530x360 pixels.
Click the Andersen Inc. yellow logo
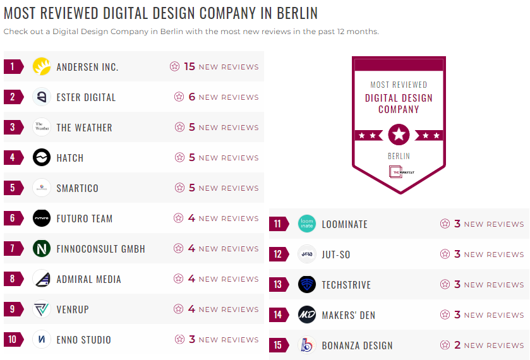(42, 66)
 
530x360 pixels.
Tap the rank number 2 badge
(13, 97)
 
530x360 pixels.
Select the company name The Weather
(84, 128)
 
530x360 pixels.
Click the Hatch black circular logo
(42, 158)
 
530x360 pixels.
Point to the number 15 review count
(190, 66)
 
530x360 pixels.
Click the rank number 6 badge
(13, 219)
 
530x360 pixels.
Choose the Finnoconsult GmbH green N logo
(42, 249)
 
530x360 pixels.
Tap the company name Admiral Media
(88, 279)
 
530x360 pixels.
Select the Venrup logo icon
(42, 309)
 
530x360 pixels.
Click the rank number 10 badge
(13, 340)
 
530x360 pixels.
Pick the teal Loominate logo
(307, 224)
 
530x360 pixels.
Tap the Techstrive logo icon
(307, 285)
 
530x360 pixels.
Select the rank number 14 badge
(278, 315)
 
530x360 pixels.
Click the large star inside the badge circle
(399, 135)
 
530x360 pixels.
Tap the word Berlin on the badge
(399, 156)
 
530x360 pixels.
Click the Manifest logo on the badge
(399, 172)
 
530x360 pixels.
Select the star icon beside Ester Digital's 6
(179, 97)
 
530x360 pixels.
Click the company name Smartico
(77, 188)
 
